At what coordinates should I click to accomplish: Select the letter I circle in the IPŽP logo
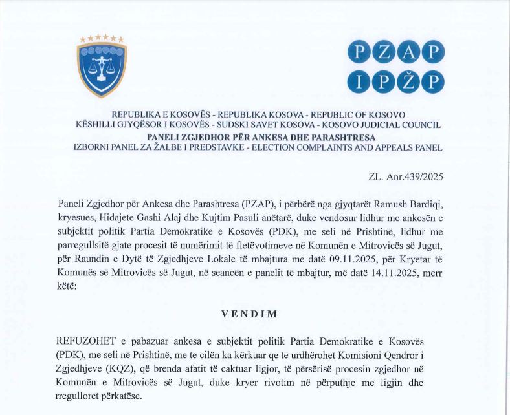[359, 81]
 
